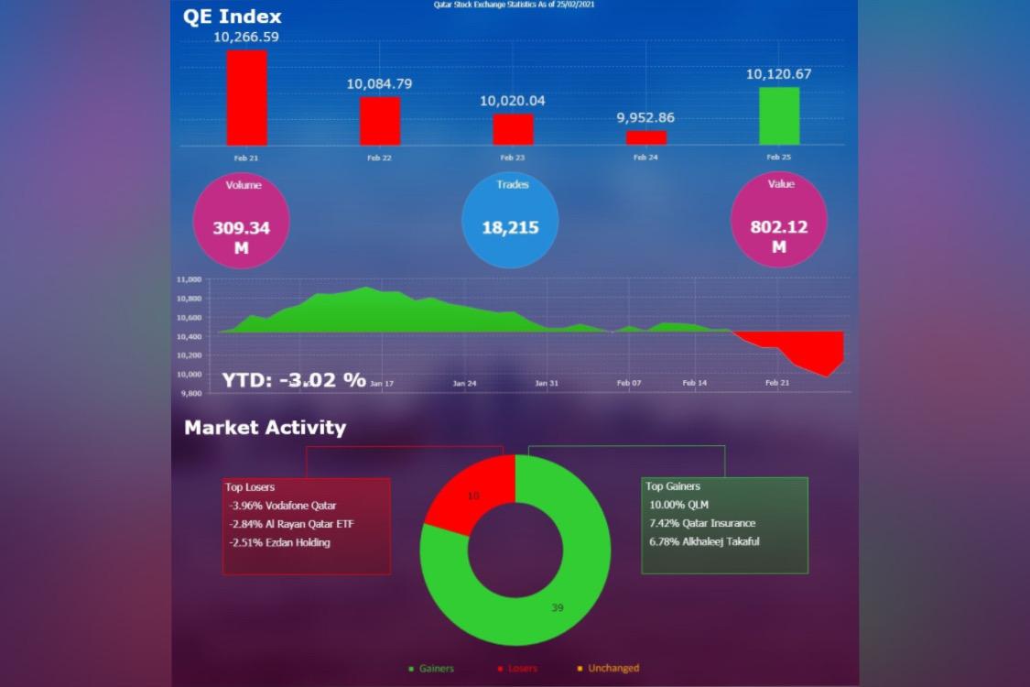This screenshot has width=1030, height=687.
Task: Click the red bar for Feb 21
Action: (247, 97)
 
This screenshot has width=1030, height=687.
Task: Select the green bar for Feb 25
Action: (779, 115)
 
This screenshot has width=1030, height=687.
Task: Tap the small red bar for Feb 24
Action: (646, 137)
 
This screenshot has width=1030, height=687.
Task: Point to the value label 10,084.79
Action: (379, 84)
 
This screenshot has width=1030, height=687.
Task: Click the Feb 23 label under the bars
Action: (513, 158)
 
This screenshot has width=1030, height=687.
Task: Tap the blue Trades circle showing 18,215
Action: (510, 220)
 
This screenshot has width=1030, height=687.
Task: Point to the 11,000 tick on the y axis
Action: (189, 278)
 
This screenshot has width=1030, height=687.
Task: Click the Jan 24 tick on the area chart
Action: (464, 383)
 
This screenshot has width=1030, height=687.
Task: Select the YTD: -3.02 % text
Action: (294, 380)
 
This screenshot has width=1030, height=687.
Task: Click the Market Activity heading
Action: (265, 428)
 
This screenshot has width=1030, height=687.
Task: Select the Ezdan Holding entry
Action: (279, 542)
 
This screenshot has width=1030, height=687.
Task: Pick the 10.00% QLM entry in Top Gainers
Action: (678, 505)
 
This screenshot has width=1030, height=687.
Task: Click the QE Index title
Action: (233, 16)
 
